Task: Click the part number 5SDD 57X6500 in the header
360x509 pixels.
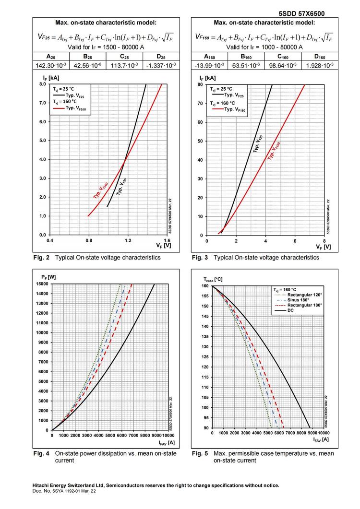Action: click(x=301, y=14)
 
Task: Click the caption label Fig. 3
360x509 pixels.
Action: click(x=200, y=258)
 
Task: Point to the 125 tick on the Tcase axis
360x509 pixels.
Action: click(x=205, y=357)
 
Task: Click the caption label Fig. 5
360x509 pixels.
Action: click(x=200, y=453)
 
